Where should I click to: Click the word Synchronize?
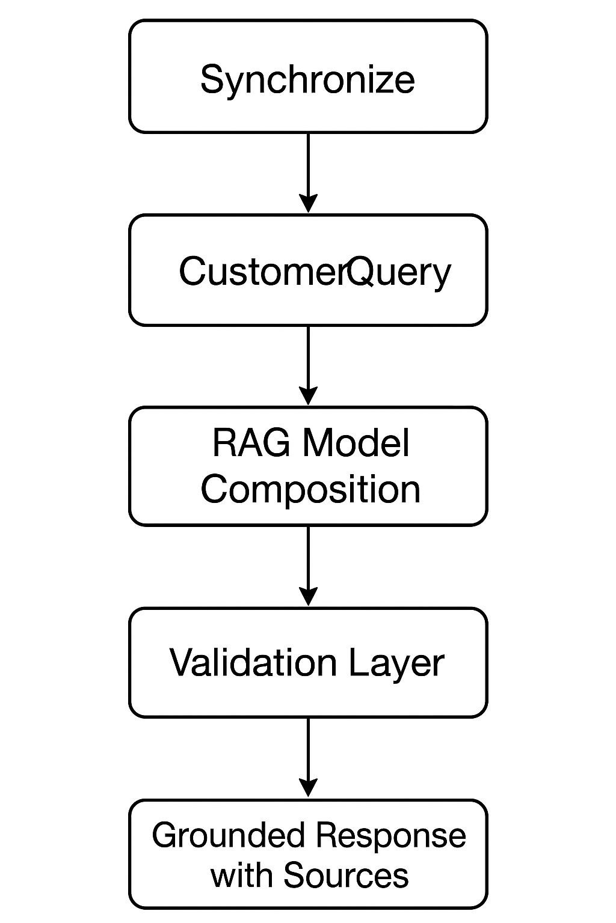(307, 79)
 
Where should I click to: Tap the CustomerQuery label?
(314, 272)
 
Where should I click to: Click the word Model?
(356, 443)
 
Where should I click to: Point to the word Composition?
(310, 489)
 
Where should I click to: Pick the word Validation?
(253, 663)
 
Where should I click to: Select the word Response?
(390, 836)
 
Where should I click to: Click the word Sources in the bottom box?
(346, 875)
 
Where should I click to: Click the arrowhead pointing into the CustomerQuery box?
(308, 204)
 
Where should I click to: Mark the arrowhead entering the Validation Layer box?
(308, 597)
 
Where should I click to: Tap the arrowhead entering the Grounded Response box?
(308, 788)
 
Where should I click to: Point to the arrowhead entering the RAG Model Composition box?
(308, 397)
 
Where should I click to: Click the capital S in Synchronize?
(212, 79)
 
